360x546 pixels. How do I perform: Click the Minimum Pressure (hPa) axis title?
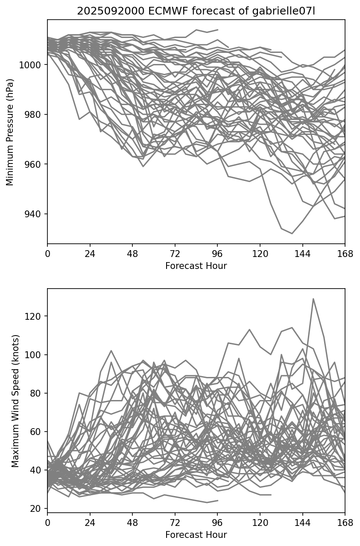(10, 132)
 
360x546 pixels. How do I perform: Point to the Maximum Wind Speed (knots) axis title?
(15, 400)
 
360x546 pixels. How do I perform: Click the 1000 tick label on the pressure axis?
(31, 65)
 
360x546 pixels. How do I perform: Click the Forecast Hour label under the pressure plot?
(196, 266)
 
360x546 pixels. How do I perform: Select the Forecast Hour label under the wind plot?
(196, 535)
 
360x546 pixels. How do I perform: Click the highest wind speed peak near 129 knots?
(313, 299)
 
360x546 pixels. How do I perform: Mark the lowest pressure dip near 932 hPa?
(292, 234)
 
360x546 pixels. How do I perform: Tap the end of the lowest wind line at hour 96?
(218, 500)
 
